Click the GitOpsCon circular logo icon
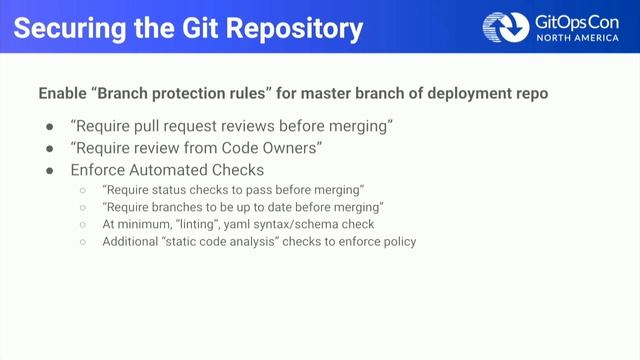503,27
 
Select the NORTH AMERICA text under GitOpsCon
573,39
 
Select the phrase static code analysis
222,241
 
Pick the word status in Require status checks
174,190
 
